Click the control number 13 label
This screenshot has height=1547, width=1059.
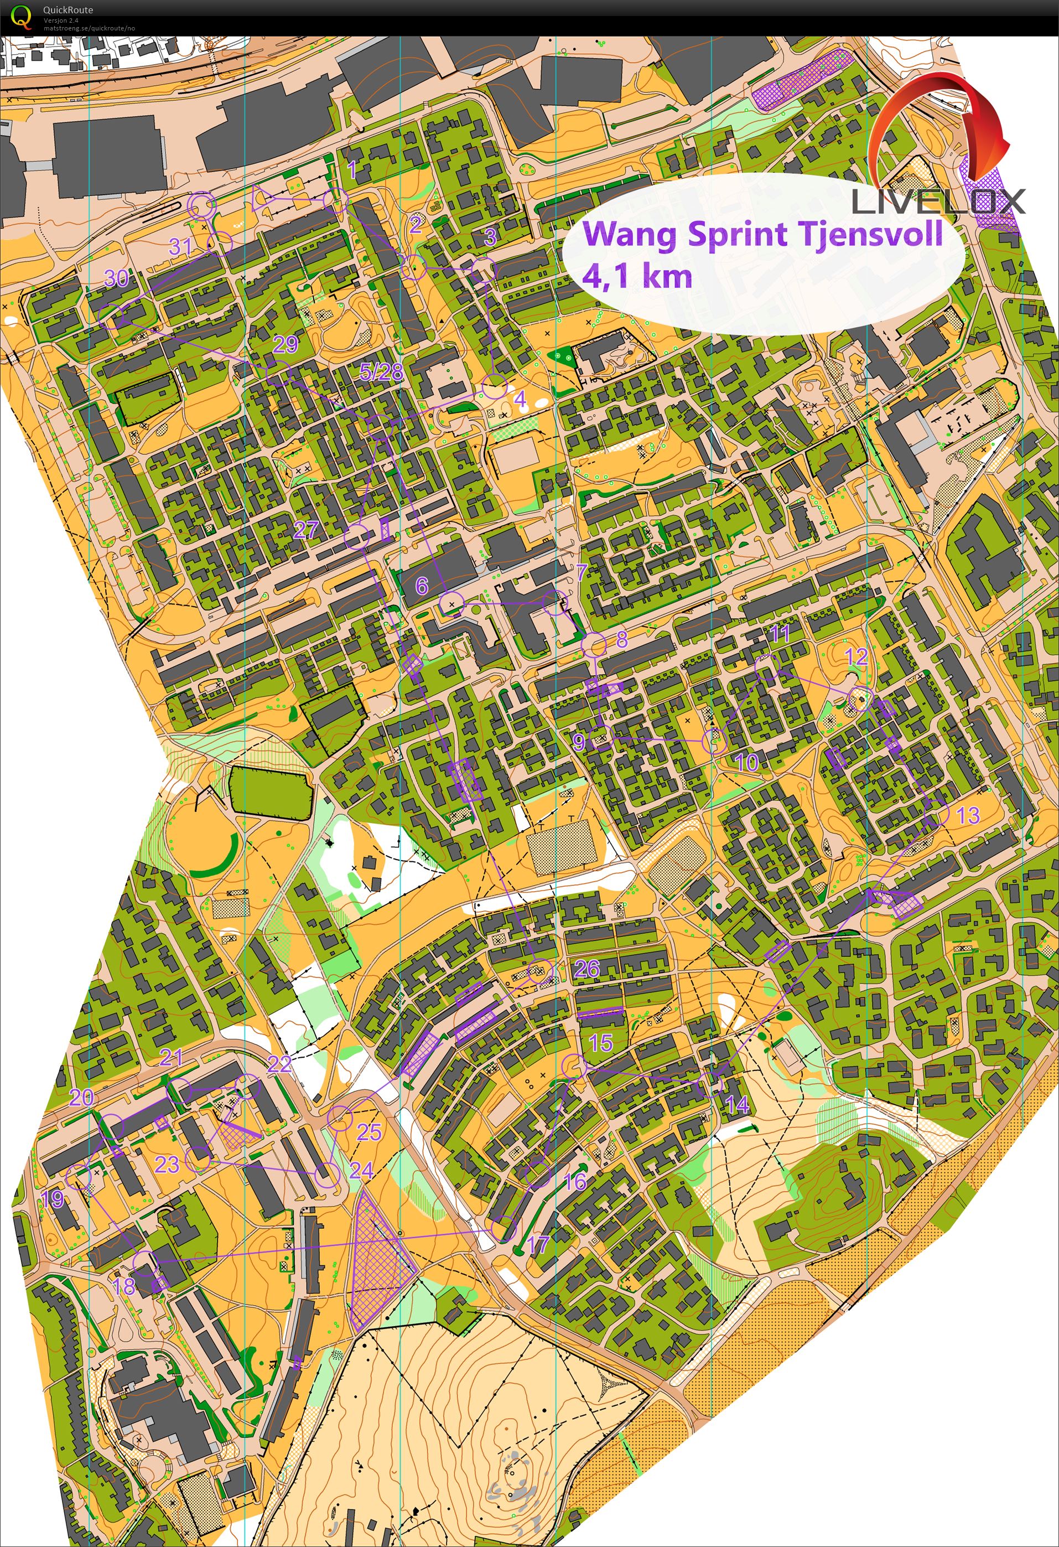967,815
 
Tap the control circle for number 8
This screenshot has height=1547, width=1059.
594,644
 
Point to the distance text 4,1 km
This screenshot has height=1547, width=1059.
637,275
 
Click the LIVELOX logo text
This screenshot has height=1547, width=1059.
938,201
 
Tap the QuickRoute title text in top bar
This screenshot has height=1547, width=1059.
68,9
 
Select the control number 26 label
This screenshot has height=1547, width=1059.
586,969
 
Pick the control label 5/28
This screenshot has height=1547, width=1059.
381,371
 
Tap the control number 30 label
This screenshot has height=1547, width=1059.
117,278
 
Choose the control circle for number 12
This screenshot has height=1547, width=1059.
860,699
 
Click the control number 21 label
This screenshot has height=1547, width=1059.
171,1057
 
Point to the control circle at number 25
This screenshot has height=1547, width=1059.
340,1118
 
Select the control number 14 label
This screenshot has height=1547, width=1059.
736,1105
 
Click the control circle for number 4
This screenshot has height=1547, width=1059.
494,387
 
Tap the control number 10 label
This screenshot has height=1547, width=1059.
747,762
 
